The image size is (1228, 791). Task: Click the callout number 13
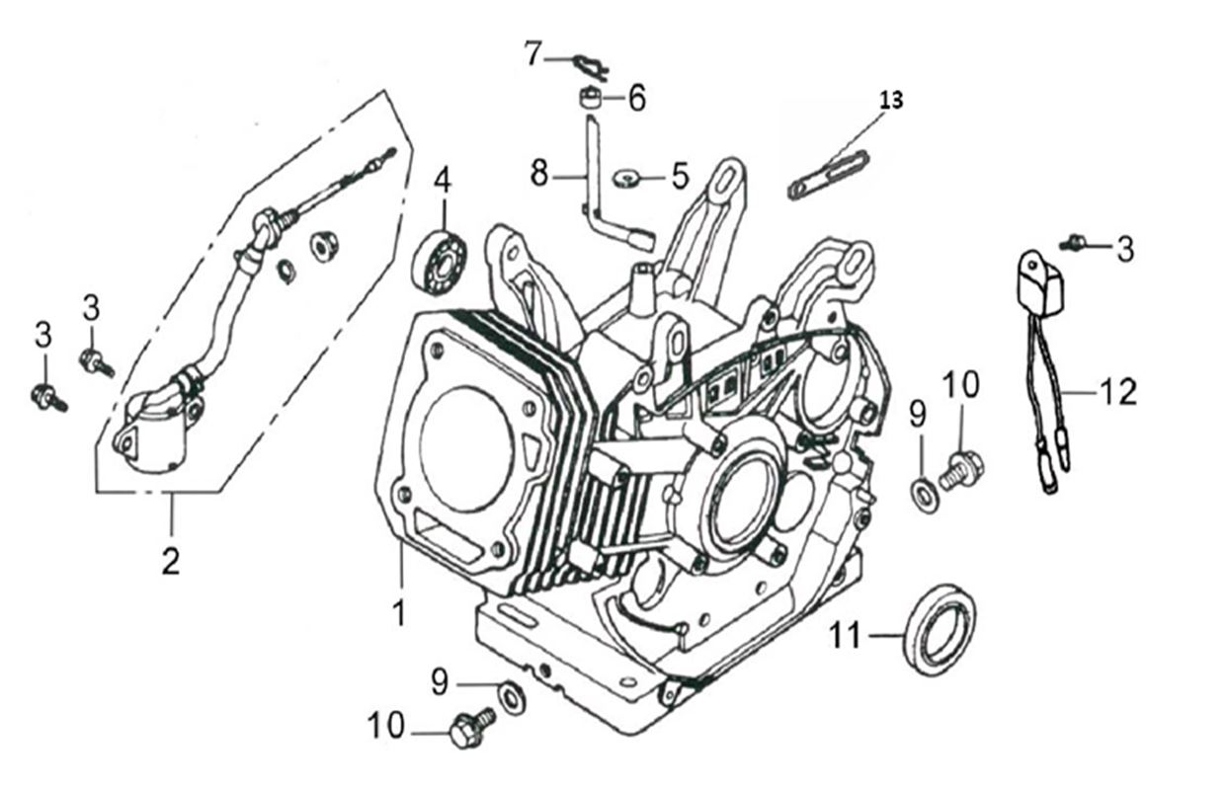891,99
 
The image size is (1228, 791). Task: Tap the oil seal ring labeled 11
940,629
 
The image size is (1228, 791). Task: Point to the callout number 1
399,613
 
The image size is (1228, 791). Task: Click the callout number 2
171,562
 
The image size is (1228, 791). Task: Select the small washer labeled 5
624,179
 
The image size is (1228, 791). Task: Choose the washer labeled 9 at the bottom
512,697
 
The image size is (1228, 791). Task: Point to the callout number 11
846,637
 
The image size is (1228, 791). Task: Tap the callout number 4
443,181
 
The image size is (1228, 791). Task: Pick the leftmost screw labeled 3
46,398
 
